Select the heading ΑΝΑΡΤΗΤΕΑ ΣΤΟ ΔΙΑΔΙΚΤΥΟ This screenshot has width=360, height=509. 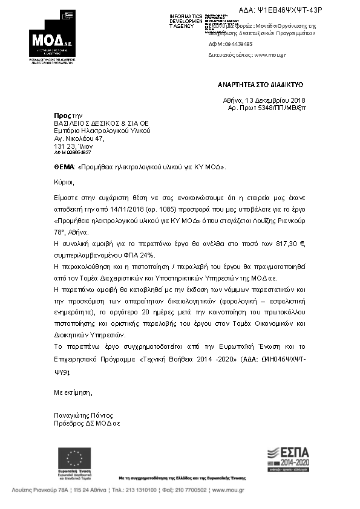(261, 85)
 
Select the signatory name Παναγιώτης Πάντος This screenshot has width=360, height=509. (83, 416)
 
